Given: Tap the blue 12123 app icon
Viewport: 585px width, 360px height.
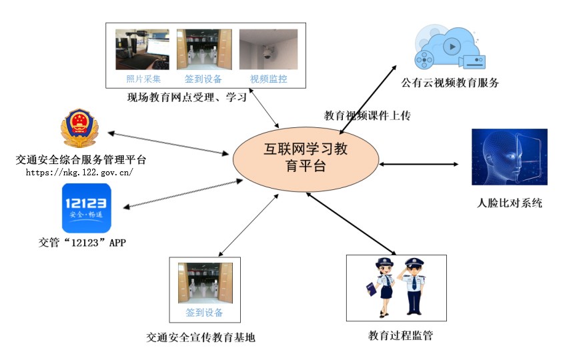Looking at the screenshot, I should click(87, 207).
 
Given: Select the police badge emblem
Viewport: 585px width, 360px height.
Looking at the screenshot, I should click(79, 128).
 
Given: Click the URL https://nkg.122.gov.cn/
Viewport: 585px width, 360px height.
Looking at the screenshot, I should click(79, 172).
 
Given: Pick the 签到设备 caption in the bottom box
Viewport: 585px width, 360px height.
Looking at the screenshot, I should click(204, 312).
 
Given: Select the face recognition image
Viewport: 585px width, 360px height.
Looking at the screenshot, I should click(509, 157).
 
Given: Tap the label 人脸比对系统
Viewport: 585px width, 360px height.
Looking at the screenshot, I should click(510, 203).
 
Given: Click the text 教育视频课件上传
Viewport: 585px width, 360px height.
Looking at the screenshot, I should click(367, 115).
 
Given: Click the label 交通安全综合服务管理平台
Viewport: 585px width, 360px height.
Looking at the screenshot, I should click(81, 160).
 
